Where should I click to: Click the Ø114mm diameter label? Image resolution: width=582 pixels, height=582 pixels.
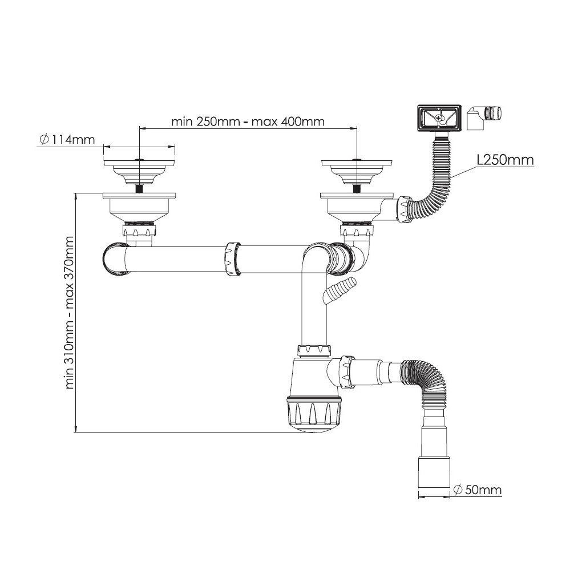coord(67,139)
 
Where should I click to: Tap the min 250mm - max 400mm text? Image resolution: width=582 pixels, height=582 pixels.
coord(248,122)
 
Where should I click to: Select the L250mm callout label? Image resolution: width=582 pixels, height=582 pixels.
coord(505,160)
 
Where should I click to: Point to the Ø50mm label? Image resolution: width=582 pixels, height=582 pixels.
coord(478,490)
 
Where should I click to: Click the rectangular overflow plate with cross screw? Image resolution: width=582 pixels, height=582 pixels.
coord(439,118)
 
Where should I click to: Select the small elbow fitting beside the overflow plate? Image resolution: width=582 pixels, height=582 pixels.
coord(484,118)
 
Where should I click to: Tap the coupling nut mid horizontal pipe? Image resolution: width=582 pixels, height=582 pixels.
coord(233,258)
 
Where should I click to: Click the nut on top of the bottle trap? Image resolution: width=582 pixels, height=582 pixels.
coord(314,350)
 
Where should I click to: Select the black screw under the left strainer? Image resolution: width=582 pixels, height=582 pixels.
coord(139,188)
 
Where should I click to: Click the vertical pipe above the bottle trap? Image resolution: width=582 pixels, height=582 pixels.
coord(314,308)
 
